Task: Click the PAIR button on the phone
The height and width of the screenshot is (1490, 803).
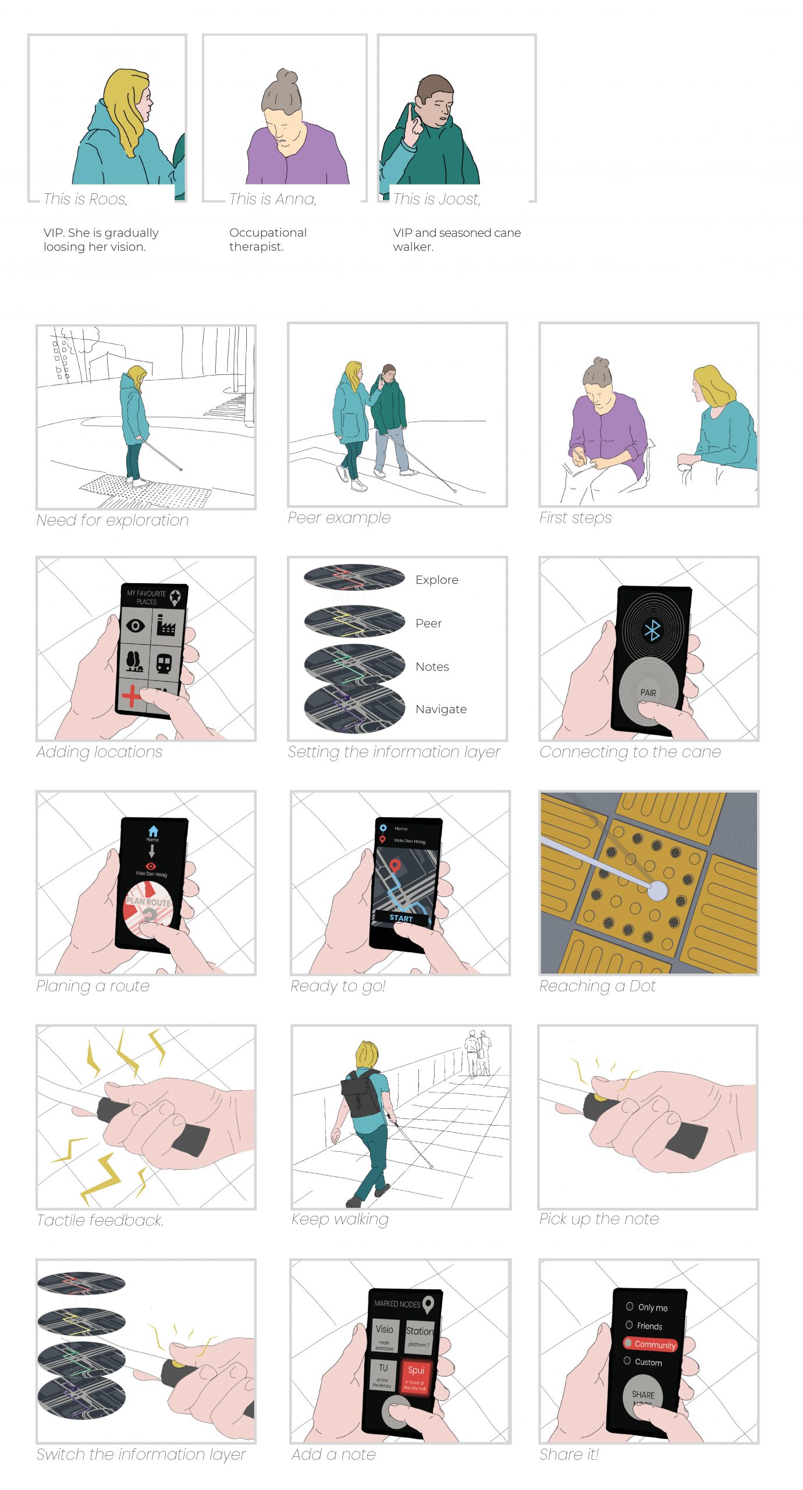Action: click(x=648, y=692)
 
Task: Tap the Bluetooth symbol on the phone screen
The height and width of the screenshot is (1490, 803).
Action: click(x=652, y=630)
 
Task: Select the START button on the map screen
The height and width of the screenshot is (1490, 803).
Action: click(x=401, y=918)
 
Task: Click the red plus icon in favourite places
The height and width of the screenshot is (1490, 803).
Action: click(x=132, y=695)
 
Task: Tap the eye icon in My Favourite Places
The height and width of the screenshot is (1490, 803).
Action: click(x=136, y=626)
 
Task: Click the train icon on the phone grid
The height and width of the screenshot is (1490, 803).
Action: click(x=164, y=663)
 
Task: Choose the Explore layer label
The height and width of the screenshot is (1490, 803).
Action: click(x=436, y=580)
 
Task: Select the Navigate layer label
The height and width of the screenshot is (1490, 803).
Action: click(x=440, y=709)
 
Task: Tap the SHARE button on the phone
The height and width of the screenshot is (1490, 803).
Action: click(x=642, y=1395)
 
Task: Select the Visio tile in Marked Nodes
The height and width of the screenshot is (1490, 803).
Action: click(x=384, y=1335)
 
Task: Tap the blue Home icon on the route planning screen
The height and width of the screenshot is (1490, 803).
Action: click(x=153, y=831)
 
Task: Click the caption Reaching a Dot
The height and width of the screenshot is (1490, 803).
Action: click(x=597, y=986)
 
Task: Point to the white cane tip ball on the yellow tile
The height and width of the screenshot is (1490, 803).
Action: click(x=658, y=890)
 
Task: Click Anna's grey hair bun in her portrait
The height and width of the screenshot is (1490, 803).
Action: click(x=286, y=77)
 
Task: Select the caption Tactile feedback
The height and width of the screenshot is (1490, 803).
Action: click(x=100, y=1220)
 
